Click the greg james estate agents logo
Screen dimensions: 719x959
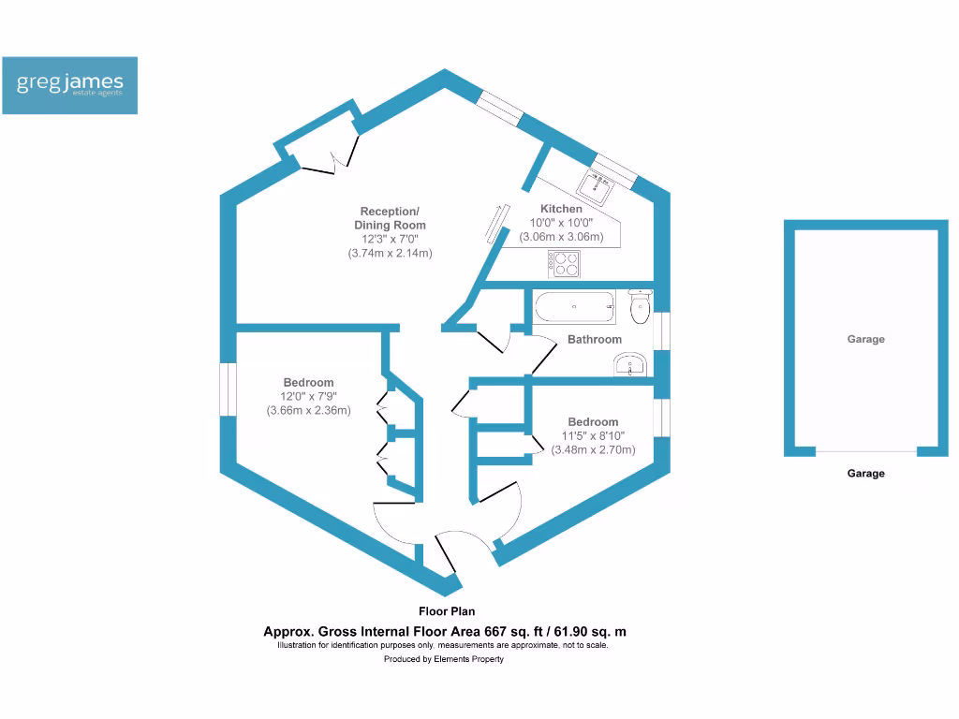pyautogui.click(x=70, y=85)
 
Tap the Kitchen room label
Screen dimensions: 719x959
pyautogui.click(x=561, y=209)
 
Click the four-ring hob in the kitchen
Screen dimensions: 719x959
pyautogui.click(x=565, y=265)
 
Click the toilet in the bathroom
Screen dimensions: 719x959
pyautogui.click(x=642, y=305)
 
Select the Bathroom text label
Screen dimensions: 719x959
pyautogui.click(x=594, y=340)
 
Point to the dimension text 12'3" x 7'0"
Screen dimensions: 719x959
pyautogui.click(x=390, y=240)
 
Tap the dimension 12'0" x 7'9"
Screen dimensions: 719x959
pyautogui.click(x=308, y=397)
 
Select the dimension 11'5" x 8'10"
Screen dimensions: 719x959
pyautogui.click(x=593, y=436)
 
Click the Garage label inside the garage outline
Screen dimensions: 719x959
pyautogui.click(x=865, y=340)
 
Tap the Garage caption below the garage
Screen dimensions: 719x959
pyautogui.click(x=865, y=474)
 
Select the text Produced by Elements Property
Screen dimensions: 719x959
pyautogui.click(x=444, y=659)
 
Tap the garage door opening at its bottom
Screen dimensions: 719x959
pyautogui.click(x=865, y=452)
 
